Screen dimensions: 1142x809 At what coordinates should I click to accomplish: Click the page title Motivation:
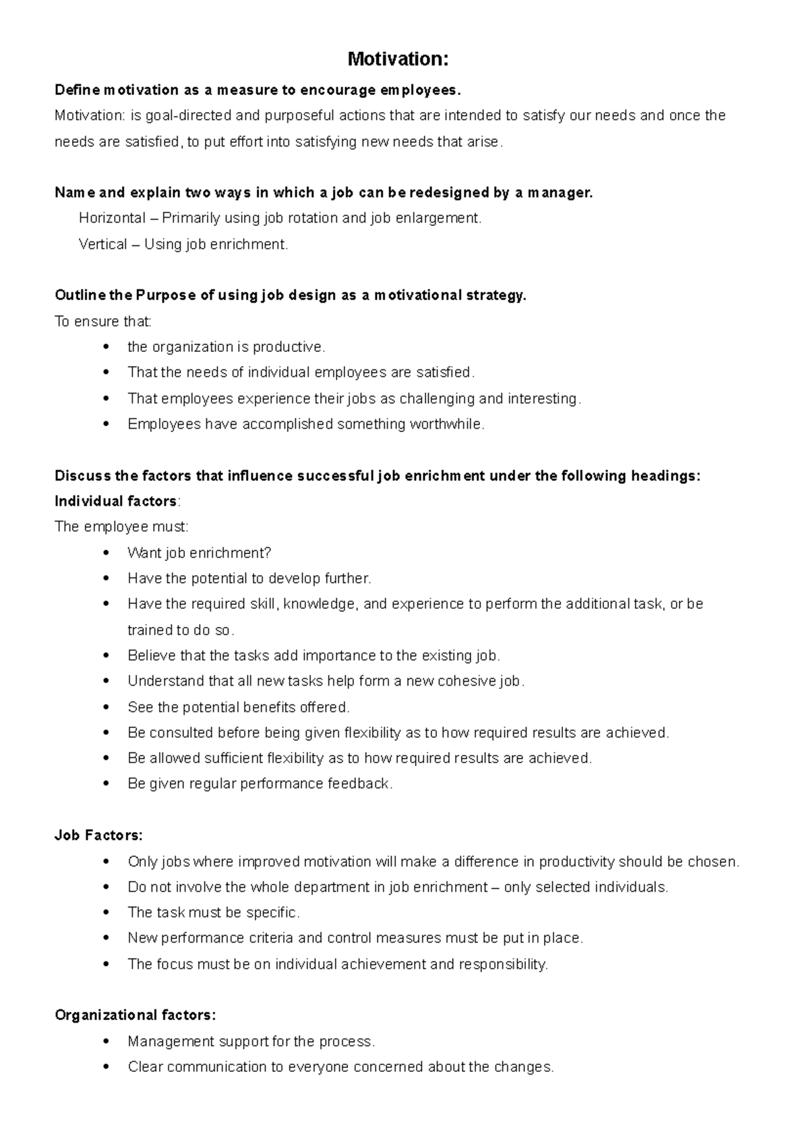[398, 59]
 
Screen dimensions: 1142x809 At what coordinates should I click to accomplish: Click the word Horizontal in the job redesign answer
[112, 218]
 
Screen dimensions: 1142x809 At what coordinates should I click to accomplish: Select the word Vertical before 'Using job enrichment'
[102, 244]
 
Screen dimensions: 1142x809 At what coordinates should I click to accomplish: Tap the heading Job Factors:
[98, 835]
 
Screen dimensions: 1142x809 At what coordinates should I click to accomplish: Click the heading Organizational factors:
[136, 1015]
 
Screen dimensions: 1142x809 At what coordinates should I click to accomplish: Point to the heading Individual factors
[116, 501]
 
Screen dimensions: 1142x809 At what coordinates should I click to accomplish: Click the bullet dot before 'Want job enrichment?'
[106, 553]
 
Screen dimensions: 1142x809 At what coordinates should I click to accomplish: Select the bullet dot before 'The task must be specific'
[106, 912]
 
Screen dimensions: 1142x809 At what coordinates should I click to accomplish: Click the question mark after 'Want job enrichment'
[268, 553]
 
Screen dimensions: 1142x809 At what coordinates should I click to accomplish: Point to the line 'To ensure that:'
[103, 322]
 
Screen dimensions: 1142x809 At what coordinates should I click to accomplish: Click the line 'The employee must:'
[121, 527]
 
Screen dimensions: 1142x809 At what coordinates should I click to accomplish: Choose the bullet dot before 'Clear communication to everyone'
[106, 1067]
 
